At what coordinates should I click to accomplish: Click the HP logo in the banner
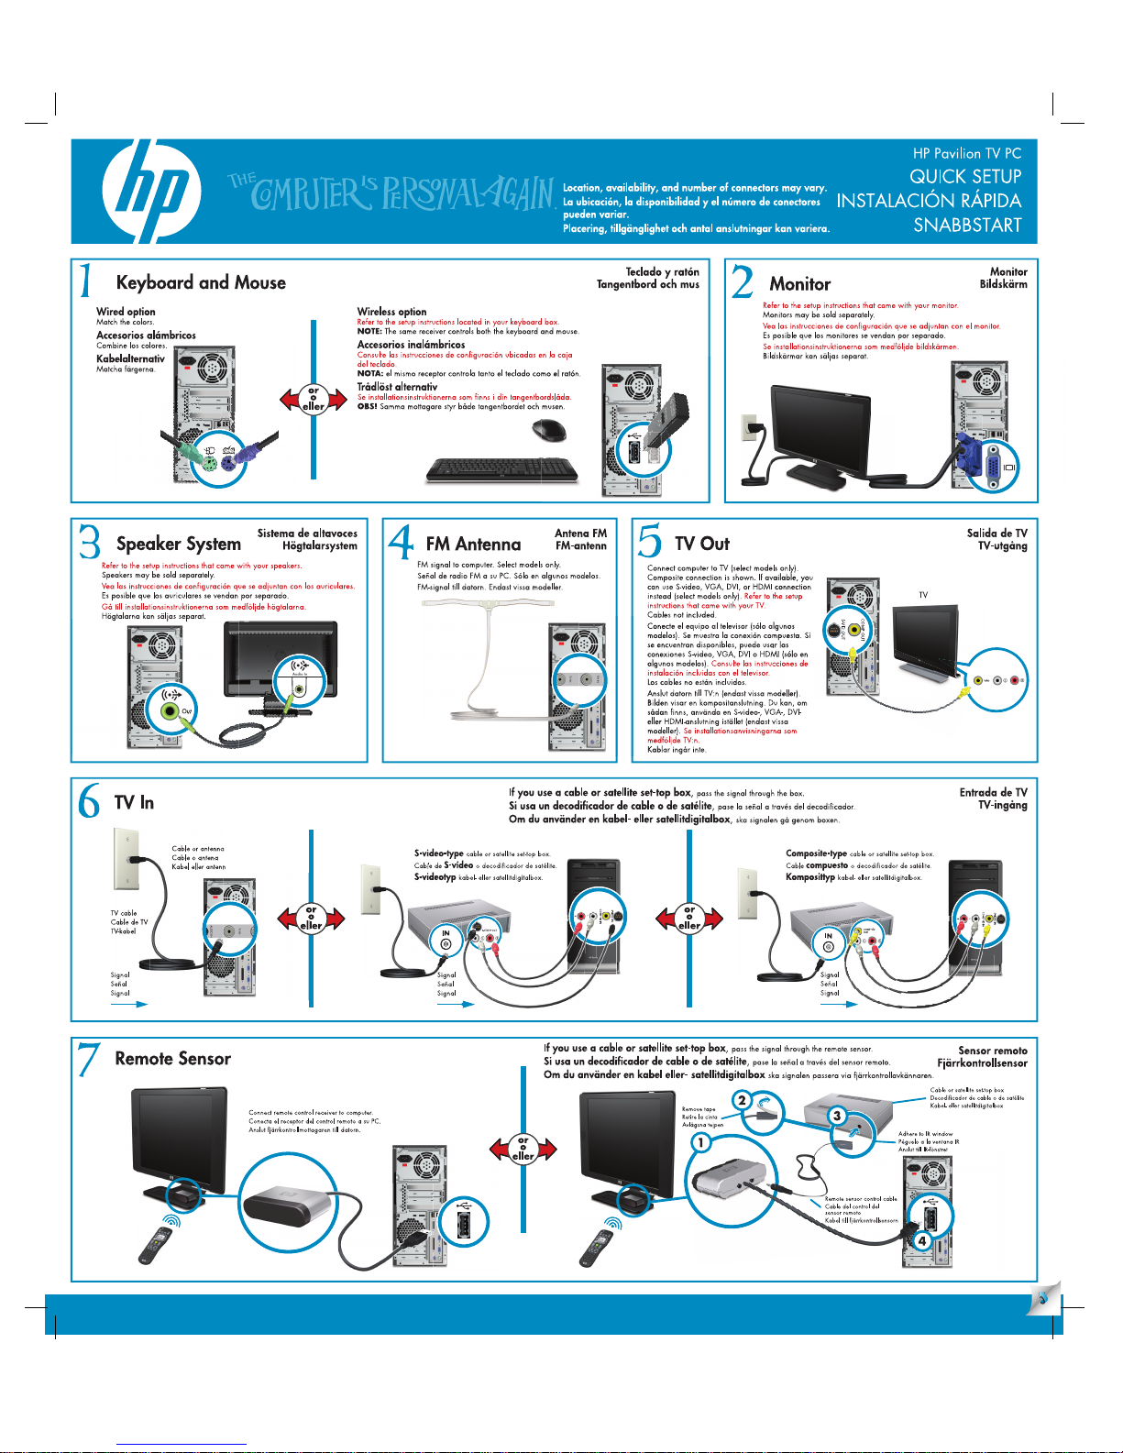[x=151, y=191]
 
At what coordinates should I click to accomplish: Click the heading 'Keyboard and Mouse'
[x=201, y=283]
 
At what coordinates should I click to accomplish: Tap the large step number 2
[x=743, y=281]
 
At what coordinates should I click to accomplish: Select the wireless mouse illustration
[x=549, y=429]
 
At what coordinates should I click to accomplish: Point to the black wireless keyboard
[x=502, y=469]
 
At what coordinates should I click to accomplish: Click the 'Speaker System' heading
[x=179, y=544]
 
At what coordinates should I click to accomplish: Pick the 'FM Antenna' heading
[x=473, y=545]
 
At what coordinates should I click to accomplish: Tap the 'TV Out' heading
[x=702, y=544]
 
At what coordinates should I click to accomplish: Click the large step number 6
[x=89, y=802]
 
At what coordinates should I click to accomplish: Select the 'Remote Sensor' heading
[x=172, y=1059]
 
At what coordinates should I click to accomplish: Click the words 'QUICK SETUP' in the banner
[x=964, y=176]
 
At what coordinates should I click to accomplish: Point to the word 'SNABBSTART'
[x=967, y=226]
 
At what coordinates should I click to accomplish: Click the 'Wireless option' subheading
[x=391, y=312]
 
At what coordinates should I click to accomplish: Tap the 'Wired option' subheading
[x=126, y=312]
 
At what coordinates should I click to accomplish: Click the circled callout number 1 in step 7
[x=700, y=1142]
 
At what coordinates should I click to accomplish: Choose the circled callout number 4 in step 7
[x=922, y=1241]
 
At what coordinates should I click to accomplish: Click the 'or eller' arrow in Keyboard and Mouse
[x=314, y=399]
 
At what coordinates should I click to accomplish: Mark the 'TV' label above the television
[x=923, y=595]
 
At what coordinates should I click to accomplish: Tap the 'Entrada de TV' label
[x=993, y=792]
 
